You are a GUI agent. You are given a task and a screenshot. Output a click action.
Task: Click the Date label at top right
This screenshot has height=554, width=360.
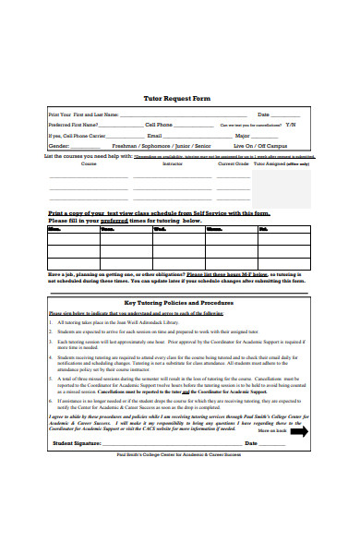click(264, 114)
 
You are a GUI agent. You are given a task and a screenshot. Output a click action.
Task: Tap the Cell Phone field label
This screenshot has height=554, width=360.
click(159, 124)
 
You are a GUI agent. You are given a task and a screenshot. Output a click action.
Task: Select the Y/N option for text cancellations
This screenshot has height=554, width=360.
click(291, 124)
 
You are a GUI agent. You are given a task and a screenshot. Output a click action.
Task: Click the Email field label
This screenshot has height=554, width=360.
click(154, 135)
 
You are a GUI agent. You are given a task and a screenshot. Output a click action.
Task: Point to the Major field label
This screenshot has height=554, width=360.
click(243, 135)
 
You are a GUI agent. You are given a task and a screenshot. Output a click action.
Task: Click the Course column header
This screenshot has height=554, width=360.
click(89, 163)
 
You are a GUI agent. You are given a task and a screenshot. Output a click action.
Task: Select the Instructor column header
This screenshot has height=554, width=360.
click(173, 163)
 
